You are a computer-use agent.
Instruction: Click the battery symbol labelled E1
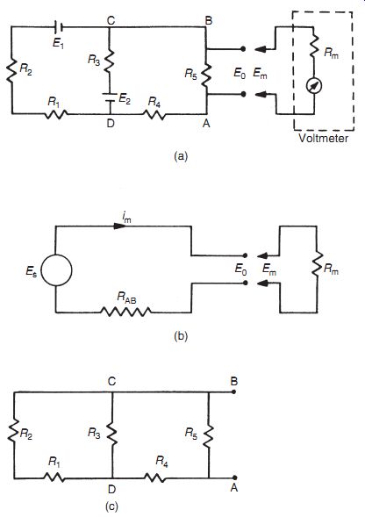tap(59, 27)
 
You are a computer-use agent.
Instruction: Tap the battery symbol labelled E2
tap(110, 98)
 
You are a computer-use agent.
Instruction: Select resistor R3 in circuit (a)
tap(109, 61)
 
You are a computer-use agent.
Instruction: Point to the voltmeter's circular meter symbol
tap(314, 86)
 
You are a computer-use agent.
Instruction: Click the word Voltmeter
tap(324, 138)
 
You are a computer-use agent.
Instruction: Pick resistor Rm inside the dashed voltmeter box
tap(313, 47)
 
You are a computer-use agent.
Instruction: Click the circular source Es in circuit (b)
tap(56, 270)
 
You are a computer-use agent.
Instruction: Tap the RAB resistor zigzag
tap(126, 312)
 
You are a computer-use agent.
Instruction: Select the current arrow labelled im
tap(119, 226)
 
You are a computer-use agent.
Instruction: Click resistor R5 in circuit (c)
tap(209, 436)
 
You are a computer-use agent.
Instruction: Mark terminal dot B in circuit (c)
tap(233, 392)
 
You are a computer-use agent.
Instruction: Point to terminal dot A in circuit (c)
tap(234, 478)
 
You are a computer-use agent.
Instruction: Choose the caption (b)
tap(181, 336)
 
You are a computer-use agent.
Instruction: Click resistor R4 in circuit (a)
tap(154, 114)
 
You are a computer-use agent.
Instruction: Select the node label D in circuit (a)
tap(111, 123)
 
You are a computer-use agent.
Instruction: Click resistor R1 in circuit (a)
tap(56, 114)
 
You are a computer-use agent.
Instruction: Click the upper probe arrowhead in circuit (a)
tap(261, 49)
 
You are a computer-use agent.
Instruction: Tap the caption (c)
tap(111, 506)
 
